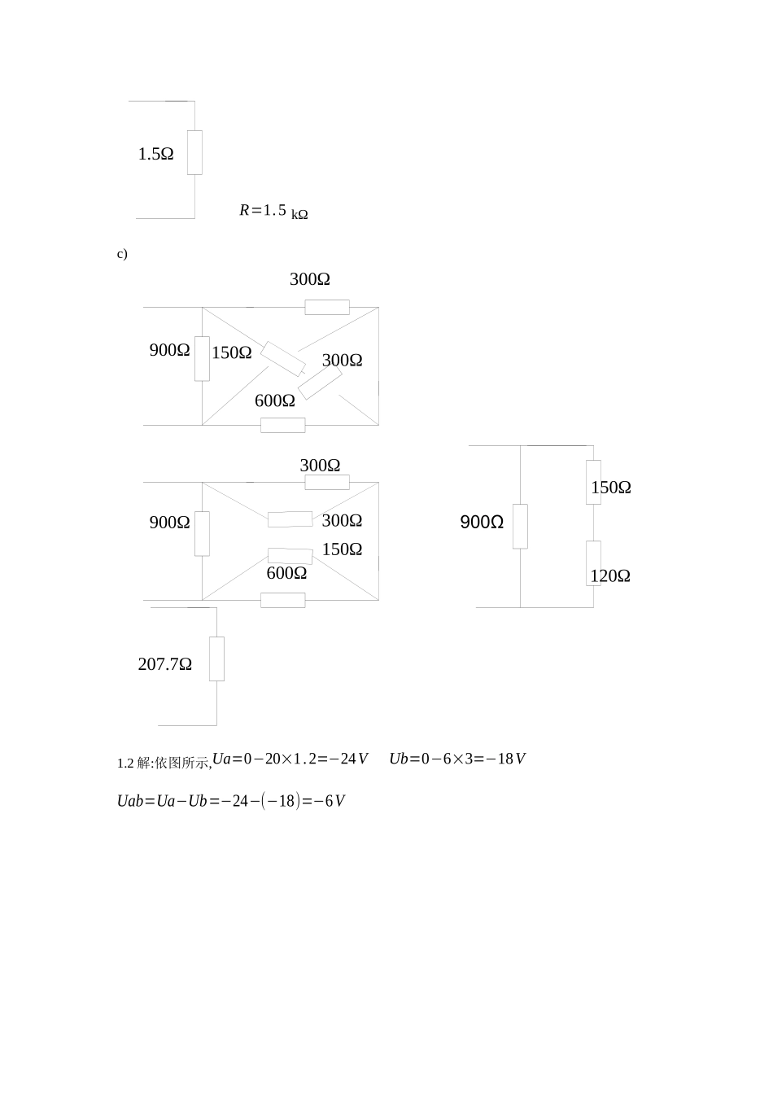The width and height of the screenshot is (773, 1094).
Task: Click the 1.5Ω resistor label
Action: [x=155, y=154]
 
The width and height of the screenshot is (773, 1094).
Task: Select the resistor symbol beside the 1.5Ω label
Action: [x=194, y=152]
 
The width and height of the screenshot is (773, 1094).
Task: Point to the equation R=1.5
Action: [x=263, y=210]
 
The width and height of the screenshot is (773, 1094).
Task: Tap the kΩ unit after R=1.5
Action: [x=299, y=214]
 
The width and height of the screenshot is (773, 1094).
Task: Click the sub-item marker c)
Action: [x=122, y=254]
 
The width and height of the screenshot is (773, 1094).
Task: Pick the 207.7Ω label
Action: [x=165, y=664]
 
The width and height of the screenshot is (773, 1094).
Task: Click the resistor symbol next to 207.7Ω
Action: [x=216, y=659]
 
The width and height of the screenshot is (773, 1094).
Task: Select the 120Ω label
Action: [x=610, y=576]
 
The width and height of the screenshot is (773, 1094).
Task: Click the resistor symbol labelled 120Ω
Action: [x=593, y=563]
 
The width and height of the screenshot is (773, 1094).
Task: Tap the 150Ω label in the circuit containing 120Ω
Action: [x=611, y=488]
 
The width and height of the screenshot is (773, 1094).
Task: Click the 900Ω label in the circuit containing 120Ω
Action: [x=482, y=522]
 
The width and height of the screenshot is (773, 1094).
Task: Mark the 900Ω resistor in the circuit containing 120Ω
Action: [x=520, y=527]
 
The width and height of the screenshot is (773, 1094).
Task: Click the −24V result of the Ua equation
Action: [x=348, y=759]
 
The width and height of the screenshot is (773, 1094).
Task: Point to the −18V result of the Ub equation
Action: [x=506, y=759]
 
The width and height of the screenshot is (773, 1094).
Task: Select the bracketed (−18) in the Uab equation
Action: [x=281, y=801]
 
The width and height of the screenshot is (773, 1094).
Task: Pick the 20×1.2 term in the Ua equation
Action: [x=290, y=759]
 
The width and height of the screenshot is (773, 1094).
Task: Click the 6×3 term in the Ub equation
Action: [x=458, y=759]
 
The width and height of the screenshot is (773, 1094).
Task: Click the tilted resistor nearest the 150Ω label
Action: [x=282, y=359]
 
